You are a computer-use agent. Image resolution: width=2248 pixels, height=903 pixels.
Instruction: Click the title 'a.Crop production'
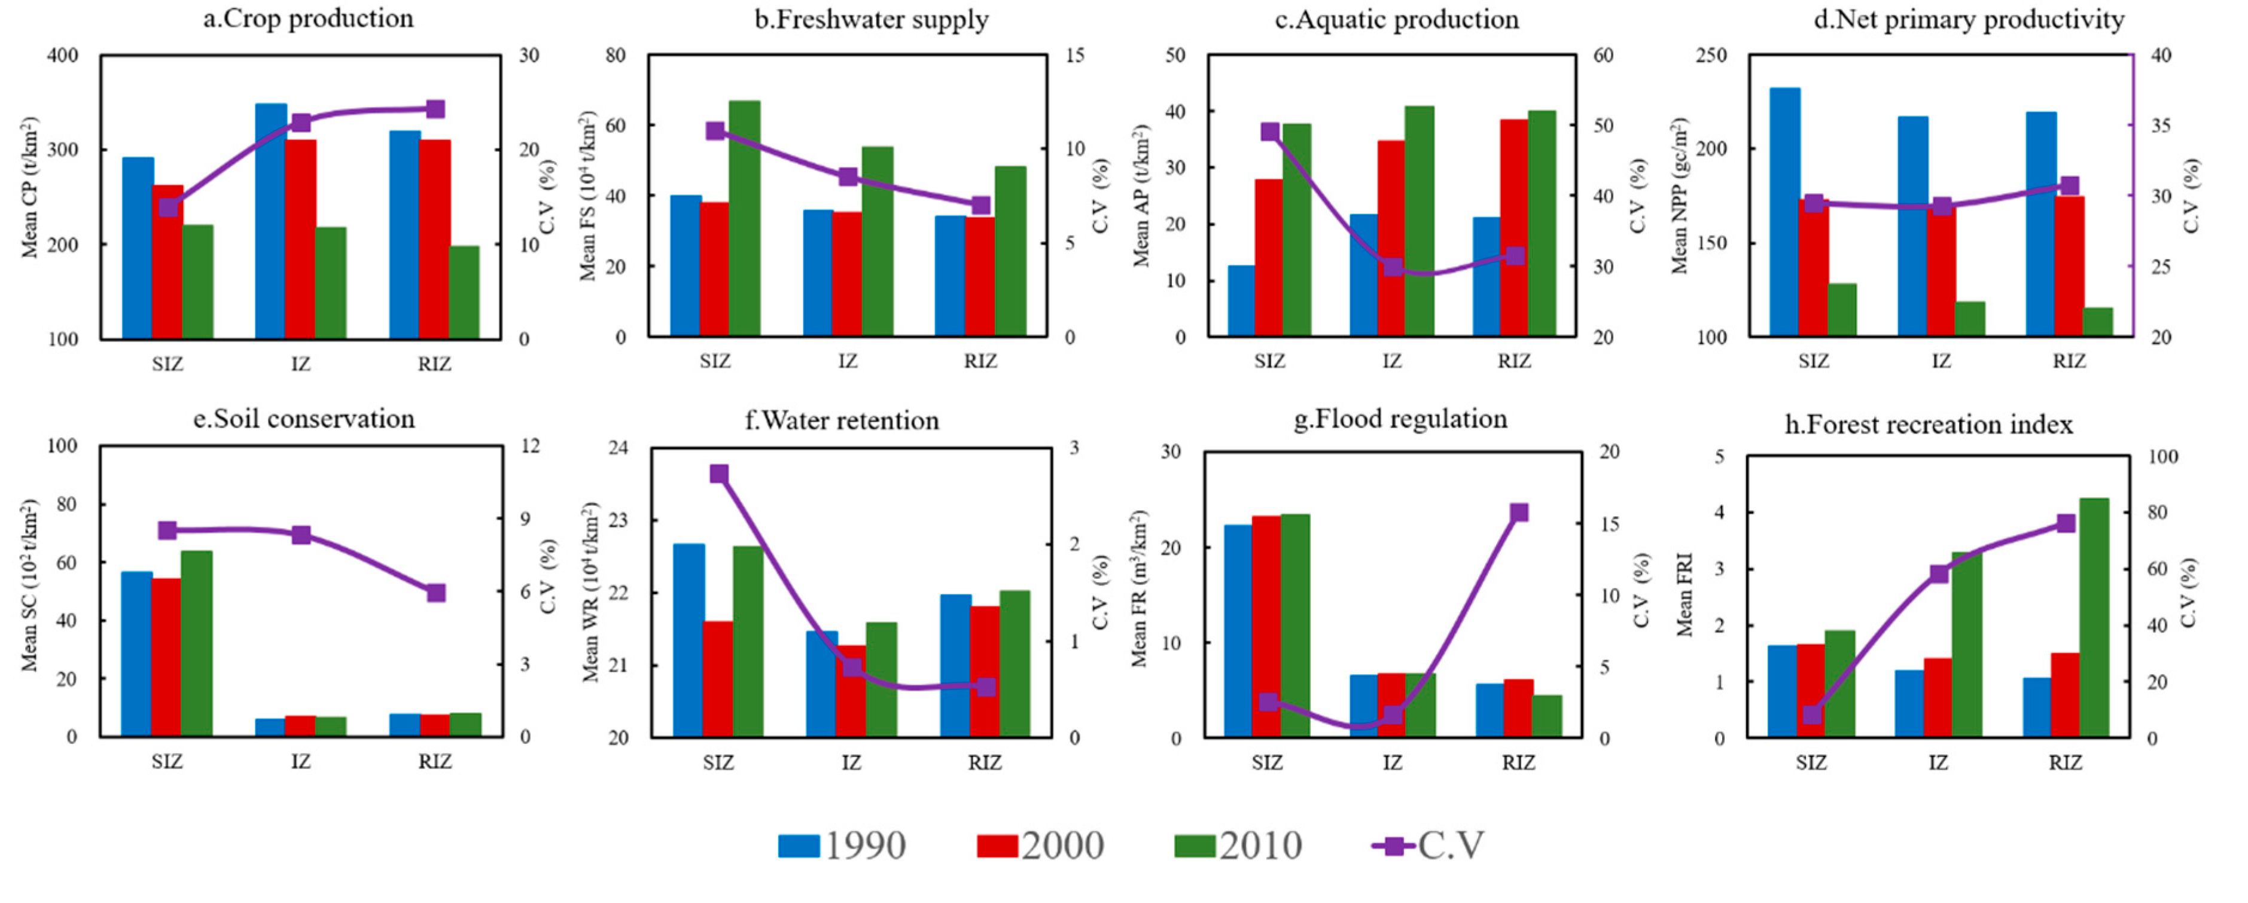click(x=308, y=19)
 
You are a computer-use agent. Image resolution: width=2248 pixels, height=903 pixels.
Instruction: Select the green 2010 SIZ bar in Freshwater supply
click(x=744, y=218)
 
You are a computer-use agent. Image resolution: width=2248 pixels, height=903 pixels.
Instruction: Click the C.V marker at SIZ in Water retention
click(x=719, y=474)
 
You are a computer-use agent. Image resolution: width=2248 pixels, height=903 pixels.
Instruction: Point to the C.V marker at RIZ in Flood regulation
click(x=1518, y=513)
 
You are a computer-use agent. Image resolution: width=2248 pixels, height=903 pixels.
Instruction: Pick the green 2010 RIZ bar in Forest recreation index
click(x=2094, y=618)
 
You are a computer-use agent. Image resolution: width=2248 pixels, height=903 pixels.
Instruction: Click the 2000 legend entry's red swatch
click(x=997, y=846)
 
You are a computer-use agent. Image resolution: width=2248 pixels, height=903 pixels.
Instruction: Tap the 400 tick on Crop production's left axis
click(x=62, y=56)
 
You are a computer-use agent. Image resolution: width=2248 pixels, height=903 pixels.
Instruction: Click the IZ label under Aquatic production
click(x=1392, y=361)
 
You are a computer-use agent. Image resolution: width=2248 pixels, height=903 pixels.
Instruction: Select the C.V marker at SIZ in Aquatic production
click(x=1270, y=132)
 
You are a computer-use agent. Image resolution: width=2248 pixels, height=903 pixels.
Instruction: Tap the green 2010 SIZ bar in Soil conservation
click(x=196, y=643)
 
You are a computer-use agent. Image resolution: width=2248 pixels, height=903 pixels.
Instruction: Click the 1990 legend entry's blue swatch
click(x=799, y=846)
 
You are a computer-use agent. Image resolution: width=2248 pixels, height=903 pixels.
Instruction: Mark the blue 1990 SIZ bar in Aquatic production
click(x=1241, y=300)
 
